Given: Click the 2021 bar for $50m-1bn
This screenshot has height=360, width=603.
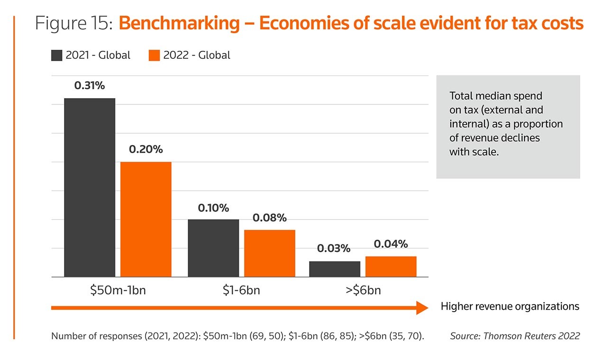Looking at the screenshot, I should pyautogui.click(x=90, y=187).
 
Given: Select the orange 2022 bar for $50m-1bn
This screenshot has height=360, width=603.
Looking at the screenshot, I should pyautogui.click(x=146, y=219).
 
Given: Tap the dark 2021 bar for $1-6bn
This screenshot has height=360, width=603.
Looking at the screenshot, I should pyautogui.click(x=213, y=248).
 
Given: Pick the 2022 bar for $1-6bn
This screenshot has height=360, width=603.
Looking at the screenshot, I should pyautogui.click(x=269, y=253).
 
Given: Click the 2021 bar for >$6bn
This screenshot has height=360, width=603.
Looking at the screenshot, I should pyautogui.click(x=335, y=269).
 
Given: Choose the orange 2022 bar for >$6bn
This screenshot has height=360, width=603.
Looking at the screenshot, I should pyautogui.click(x=391, y=267).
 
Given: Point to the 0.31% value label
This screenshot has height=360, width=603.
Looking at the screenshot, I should pyautogui.click(x=90, y=86).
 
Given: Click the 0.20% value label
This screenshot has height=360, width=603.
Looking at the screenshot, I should pyautogui.click(x=146, y=149).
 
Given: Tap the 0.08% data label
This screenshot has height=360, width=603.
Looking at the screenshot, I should pyautogui.click(x=269, y=218).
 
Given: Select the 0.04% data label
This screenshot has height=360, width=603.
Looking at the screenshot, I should pyautogui.click(x=391, y=244).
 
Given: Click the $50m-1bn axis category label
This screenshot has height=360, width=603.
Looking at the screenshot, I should pyautogui.click(x=118, y=290).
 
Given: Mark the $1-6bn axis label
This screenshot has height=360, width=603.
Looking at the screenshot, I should pyautogui.click(x=241, y=290).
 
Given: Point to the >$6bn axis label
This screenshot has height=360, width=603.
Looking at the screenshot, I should pyautogui.click(x=363, y=290).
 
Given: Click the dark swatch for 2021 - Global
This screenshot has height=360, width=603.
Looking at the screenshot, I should pyautogui.click(x=56, y=55).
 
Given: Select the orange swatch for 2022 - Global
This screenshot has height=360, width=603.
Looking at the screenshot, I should pyautogui.click(x=154, y=55).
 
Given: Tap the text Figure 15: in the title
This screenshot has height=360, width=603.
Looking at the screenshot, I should pyautogui.click(x=73, y=23).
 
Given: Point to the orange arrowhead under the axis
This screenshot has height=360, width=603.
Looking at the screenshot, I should pyautogui.click(x=422, y=308).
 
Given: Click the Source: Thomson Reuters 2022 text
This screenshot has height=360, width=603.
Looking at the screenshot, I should pyautogui.click(x=515, y=336).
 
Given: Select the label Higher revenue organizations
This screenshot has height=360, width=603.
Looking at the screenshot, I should pyautogui.click(x=510, y=306).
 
